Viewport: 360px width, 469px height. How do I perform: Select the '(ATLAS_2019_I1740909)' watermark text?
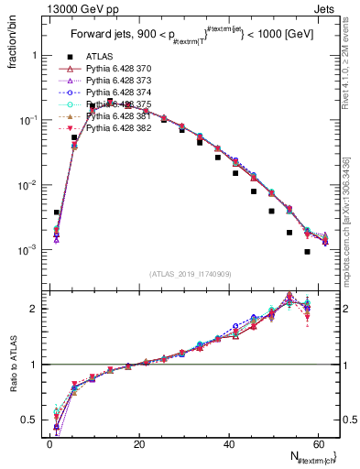pyautogui.click(x=191, y=274)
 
